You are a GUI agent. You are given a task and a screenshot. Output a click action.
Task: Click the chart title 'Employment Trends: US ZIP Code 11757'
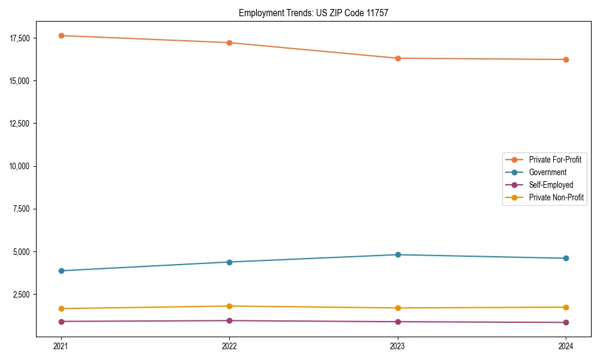tap(313, 13)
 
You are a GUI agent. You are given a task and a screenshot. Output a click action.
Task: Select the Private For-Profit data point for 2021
tap(61, 35)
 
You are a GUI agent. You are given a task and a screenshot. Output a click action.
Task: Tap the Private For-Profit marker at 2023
tap(398, 58)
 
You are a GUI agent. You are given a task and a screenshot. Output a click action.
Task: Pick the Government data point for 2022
tap(229, 262)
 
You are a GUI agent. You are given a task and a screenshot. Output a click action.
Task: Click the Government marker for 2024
tap(566, 259)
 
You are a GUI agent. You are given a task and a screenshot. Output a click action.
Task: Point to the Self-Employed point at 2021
tap(61, 322)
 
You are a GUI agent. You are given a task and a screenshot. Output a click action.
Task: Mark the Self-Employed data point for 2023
tap(398, 322)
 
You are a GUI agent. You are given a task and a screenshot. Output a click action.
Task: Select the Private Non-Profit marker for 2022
tap(229, 306)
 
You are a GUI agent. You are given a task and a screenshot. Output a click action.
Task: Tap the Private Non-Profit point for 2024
tap(566, 307)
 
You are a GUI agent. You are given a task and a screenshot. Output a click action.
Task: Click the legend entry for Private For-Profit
tap(554, 160)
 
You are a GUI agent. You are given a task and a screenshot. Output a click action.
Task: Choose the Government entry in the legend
tap(547, 172)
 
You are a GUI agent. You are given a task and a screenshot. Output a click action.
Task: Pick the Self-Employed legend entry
tap(551, 185)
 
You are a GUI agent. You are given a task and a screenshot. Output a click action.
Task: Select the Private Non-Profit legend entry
tap(556, 197)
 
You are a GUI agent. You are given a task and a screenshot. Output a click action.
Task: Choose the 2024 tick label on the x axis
tap(566, 346)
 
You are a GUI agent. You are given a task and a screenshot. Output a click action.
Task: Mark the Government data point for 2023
tap(398, 255)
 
